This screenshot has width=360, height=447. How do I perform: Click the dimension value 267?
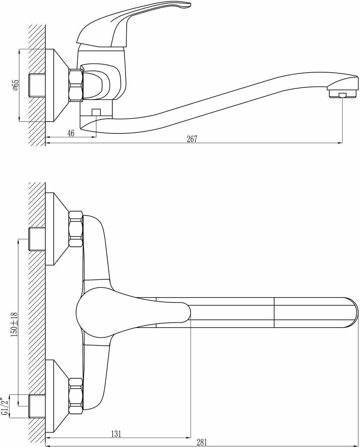(x=192, y=139)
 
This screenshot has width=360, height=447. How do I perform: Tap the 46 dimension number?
(x=71, y=133)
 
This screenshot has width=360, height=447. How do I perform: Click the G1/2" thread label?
(x=5, y=406)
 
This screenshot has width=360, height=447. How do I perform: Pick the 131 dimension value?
(x=116, y=434)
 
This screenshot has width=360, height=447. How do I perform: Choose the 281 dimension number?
(x=202, y=442)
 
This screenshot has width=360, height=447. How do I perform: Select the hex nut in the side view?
(x=76, y=85)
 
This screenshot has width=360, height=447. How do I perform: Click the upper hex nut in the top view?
(x=76, y=229)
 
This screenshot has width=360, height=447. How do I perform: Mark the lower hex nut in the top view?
(x=76, y=396)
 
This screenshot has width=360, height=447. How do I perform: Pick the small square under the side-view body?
(x=96, y=112)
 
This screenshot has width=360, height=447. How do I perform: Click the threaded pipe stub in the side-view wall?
(x=37, y=85)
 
